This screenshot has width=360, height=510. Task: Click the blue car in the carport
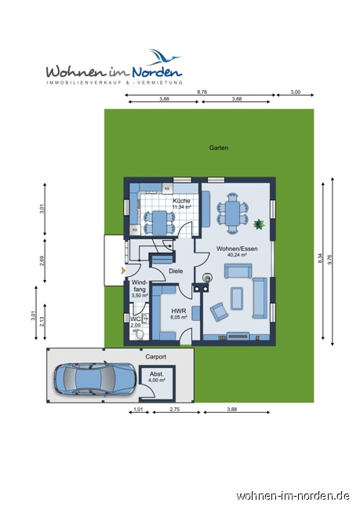point(95,379)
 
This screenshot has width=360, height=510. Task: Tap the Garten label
point(219,148)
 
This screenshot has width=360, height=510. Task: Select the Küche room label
point(181,201)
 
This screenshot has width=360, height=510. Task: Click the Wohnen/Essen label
point(237,249)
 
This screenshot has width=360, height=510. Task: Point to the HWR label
point(179,311)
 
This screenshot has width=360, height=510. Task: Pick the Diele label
point(176,271)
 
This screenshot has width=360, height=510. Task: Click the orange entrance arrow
point(123,270)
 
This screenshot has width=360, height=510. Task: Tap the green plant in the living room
point(259,224)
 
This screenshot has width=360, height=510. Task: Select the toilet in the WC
point(140,334)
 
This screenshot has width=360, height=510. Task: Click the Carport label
point(156,357)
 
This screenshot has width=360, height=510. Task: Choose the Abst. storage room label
point(157,374)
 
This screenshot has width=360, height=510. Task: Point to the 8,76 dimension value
point(202,92)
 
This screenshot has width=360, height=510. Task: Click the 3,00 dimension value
point(295,92)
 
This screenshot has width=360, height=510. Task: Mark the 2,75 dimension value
point(175,409)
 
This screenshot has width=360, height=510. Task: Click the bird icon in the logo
point(165,57)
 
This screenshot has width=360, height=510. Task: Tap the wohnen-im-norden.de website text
point(293,496)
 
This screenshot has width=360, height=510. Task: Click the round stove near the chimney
point(207,278)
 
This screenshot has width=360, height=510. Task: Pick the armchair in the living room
point(219,311)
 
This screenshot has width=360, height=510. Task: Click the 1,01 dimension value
point(138,409)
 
